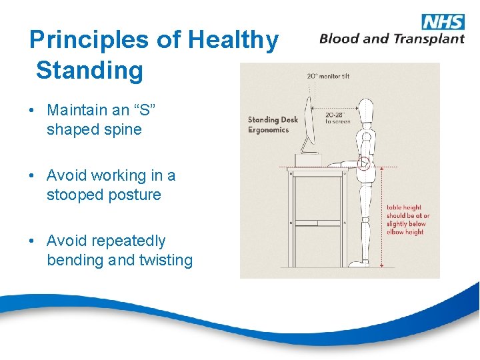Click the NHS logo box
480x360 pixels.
(x=442, y=21)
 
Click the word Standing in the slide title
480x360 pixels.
(x=89, y=70)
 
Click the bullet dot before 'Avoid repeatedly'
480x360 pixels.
(x=33, y=241)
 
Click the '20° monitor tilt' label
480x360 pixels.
(x=328, y=76)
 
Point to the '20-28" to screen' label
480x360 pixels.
(x=337, y=118)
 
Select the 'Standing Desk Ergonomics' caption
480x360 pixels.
(x=273, y=125)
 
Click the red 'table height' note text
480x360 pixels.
(x=408, y=220)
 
